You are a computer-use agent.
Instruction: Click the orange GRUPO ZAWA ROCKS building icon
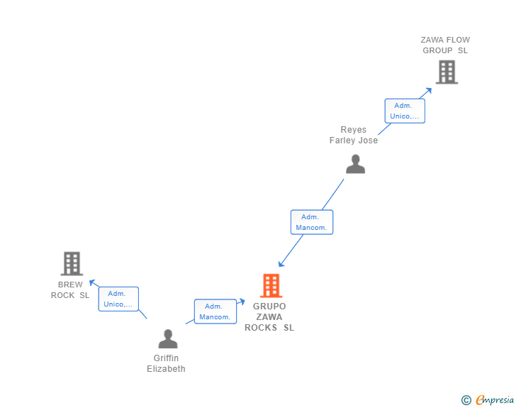(x=271, y=285)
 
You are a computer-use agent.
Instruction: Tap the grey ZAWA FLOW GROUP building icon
(x=446, y=72)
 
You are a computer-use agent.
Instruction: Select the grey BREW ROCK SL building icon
(x=71, y=263)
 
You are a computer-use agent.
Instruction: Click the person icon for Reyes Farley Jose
(x=355, y=164)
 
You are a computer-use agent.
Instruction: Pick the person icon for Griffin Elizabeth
(x=168, y=338)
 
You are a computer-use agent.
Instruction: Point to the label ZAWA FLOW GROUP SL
(x=445, y=45)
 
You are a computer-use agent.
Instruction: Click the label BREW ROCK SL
(x=70, y=290)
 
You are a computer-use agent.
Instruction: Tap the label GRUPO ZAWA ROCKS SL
(x=269, y=317)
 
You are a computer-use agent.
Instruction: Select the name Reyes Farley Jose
(x=354, y=135)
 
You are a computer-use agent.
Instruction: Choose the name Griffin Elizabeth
(x=166, y=363)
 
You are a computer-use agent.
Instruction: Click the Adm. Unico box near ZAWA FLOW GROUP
(x=405, y=111)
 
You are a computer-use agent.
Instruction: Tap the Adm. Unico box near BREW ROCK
(x=118, y=299)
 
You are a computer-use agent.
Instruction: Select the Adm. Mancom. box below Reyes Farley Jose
(x=312, y=222)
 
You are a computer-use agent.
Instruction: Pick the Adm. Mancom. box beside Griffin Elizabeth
(x=215, y=311)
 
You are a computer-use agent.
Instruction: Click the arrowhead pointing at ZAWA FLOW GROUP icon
(x=429, y=90)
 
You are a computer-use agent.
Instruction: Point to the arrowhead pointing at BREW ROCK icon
(x=91, y=282)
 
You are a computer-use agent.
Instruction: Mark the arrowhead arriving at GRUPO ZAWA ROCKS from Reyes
(x=281, y=263)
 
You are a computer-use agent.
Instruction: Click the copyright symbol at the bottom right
(x=466, y=400)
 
